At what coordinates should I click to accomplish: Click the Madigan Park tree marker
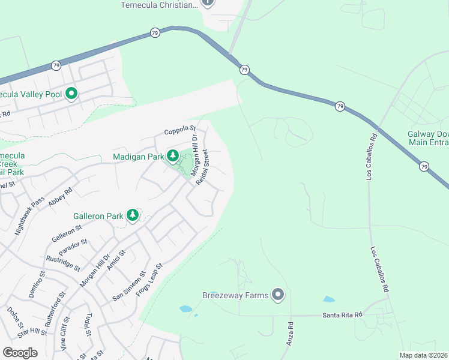[x=173, y=157]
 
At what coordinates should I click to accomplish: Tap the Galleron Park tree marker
[x=133, y=215]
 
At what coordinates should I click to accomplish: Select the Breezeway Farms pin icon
[x=277, y=295]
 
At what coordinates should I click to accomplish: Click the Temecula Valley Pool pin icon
[x=71, y=94]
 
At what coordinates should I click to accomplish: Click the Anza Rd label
[x=291, y=333]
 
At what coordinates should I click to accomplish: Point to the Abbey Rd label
[x=61, y=197]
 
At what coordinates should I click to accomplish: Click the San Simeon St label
[x=129, y=286]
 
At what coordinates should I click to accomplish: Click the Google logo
[x=20, y=353]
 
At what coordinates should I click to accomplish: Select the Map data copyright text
[x=424, y=355]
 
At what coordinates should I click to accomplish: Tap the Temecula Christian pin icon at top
[x=207, y=2]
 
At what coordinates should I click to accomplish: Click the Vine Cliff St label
[x=64, y=336]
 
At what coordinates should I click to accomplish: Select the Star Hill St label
[x=32, y=332]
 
